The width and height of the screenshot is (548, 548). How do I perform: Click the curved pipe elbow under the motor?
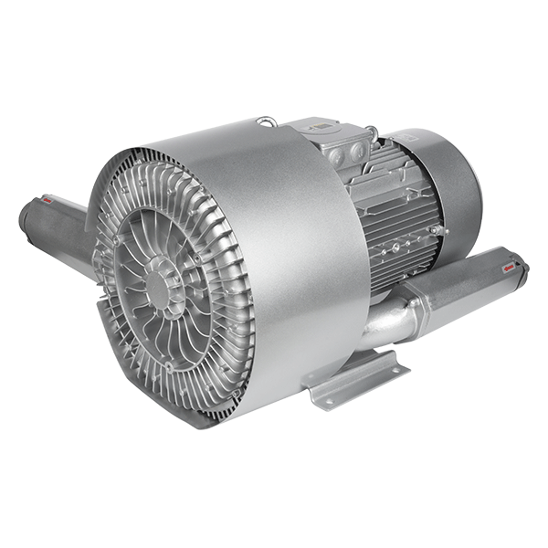[x=384, y=320]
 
